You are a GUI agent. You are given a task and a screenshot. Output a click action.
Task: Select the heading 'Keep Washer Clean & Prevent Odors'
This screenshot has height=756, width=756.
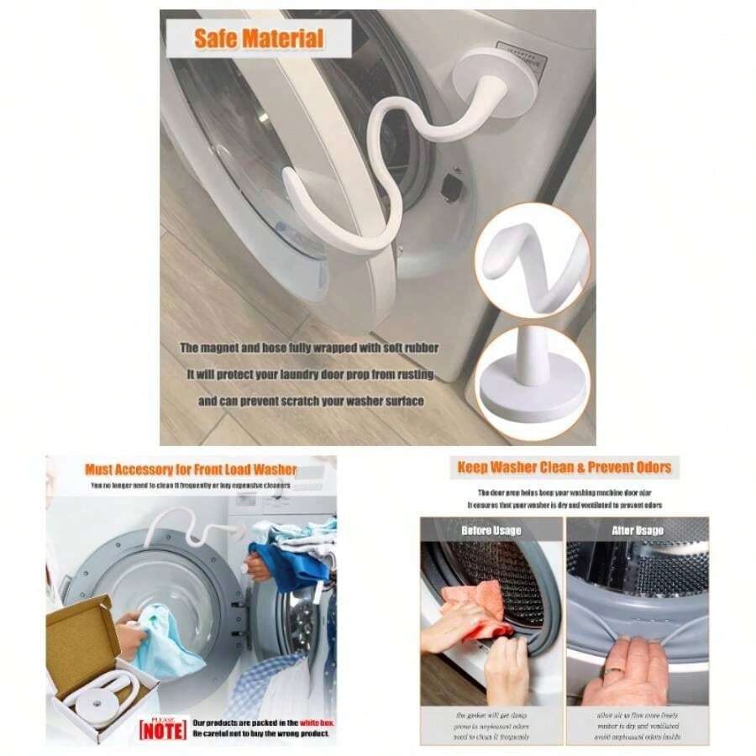(564, 467)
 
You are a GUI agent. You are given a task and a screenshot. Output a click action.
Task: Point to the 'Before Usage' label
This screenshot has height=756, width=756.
(491, 530)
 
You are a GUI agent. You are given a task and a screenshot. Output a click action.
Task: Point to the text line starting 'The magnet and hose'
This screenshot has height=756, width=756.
(309, 347)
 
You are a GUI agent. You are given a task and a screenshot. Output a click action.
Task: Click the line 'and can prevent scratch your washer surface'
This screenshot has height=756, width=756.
(311, 402)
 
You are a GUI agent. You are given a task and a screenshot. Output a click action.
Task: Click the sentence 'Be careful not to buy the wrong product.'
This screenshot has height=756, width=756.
(260, 733)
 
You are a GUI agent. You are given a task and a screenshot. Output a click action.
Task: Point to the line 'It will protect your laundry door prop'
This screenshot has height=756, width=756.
(309, 375)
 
